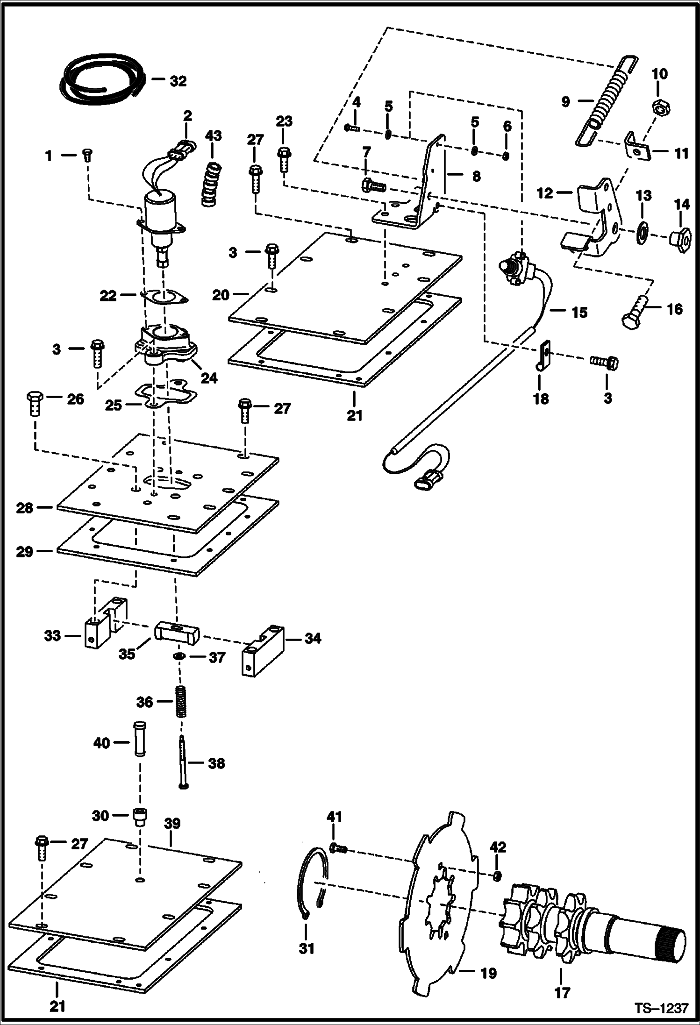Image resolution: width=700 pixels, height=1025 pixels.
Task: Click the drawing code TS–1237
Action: [x=661, y=1008]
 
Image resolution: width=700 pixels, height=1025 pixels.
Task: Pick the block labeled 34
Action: [x=263, y=650]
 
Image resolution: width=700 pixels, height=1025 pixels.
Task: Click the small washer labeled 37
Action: [x=178, y=657]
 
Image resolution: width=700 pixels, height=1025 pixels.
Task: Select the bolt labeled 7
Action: [x=373, y=185]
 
